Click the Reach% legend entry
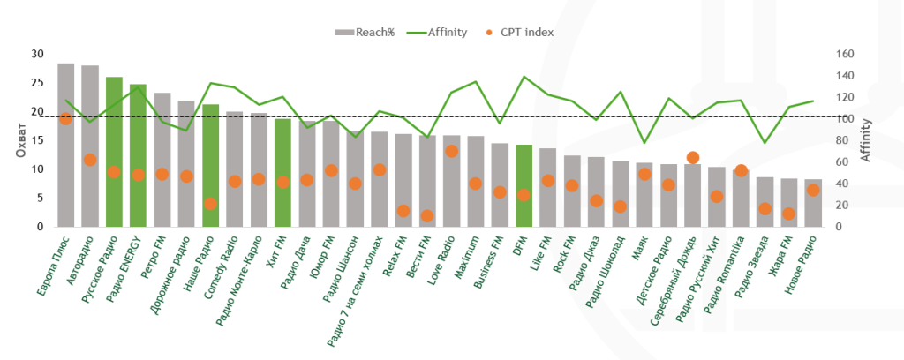pyautogui.click(x=365, y=33)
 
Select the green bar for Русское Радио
pyautogui.click(x=114, y=152)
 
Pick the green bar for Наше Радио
pyautogui.click(x=210, y=165)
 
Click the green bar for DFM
pyautogui.click(x=524, y=185)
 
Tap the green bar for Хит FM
pyautogui.click(x=282, y=172)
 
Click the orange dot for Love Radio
pyautogui.click(x=451, y=151)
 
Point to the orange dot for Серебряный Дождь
pyautogui.click(x=693, y=158)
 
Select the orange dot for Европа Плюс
pyautogui.click(x=65, y=118)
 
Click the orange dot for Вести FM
pyautogui.click(x=427, y=215)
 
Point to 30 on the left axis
pyautogui.click(x=37, y=54)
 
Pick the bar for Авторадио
pyautogui.click(x=90, y=146)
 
